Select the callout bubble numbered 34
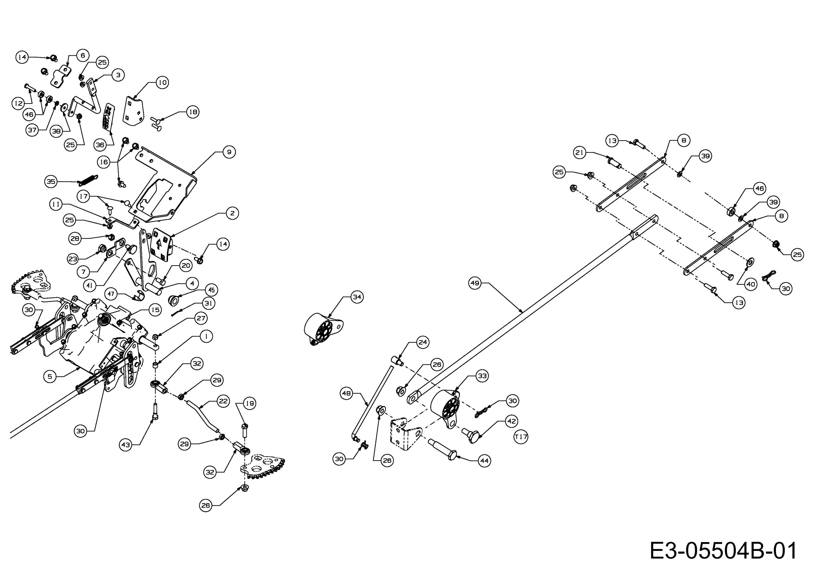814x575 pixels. [357, 296]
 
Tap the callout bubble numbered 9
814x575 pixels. [229, 152]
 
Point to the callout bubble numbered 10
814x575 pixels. [162, 83]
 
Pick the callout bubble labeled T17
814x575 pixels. [521, 437]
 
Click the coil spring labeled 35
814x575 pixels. [88, 180]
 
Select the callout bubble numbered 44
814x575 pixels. [484, 460]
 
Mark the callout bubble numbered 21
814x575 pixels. [580, 153]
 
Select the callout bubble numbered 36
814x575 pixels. [100, 145]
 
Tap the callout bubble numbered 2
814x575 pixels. [232, 213]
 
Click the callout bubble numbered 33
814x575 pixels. [483, 376]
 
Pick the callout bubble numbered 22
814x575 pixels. [223, 401]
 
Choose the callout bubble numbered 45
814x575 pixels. [211, 290]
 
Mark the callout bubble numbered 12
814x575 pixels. [18, 103]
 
